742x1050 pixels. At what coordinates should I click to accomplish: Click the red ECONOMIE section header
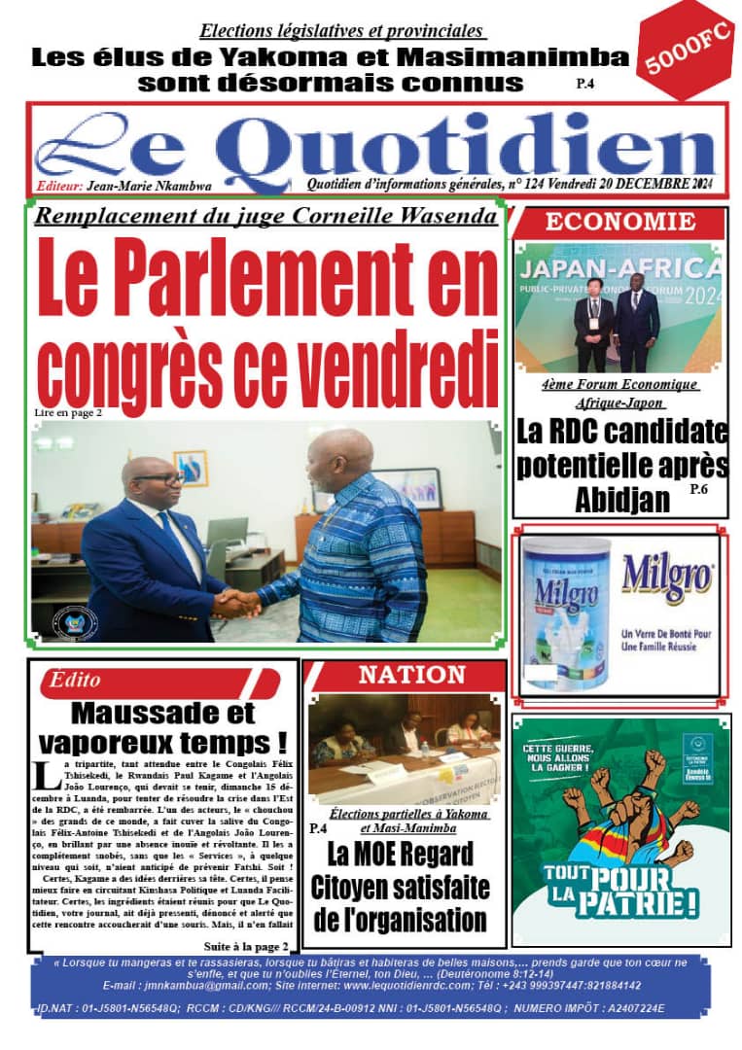pos(620,222)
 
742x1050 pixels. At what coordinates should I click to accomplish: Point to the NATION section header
pos(412,675)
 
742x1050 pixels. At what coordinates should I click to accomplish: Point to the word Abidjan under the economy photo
pos(622,500)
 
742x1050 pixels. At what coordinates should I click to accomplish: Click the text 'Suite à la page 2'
pos(246,946)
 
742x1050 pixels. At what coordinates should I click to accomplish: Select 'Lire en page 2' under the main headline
pos(67,412)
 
